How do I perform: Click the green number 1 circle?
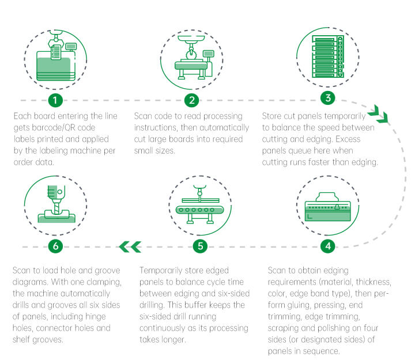pyautogui.click(x=55, y=100)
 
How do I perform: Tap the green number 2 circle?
pyautogui.click(x=191, y=100)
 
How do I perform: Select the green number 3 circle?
pyautogui.click(x=327, y=98)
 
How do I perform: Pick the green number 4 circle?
pyautogui.click(x=327, y=247)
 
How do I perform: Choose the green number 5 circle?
pyautogui.click(x=200, y=247)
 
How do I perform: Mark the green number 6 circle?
pyautogui.click(x=55, y=247)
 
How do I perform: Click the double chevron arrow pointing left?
pyautogui.click(x=130, y=247)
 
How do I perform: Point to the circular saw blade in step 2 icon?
pyautogui.click(x=191, y=55)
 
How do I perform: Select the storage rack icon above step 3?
pyautogui.click(x=328, y=56)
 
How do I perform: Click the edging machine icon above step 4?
pyautogui.click(x=327, y=207)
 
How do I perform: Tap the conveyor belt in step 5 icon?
pyautogui.click(x=199, y=210)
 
